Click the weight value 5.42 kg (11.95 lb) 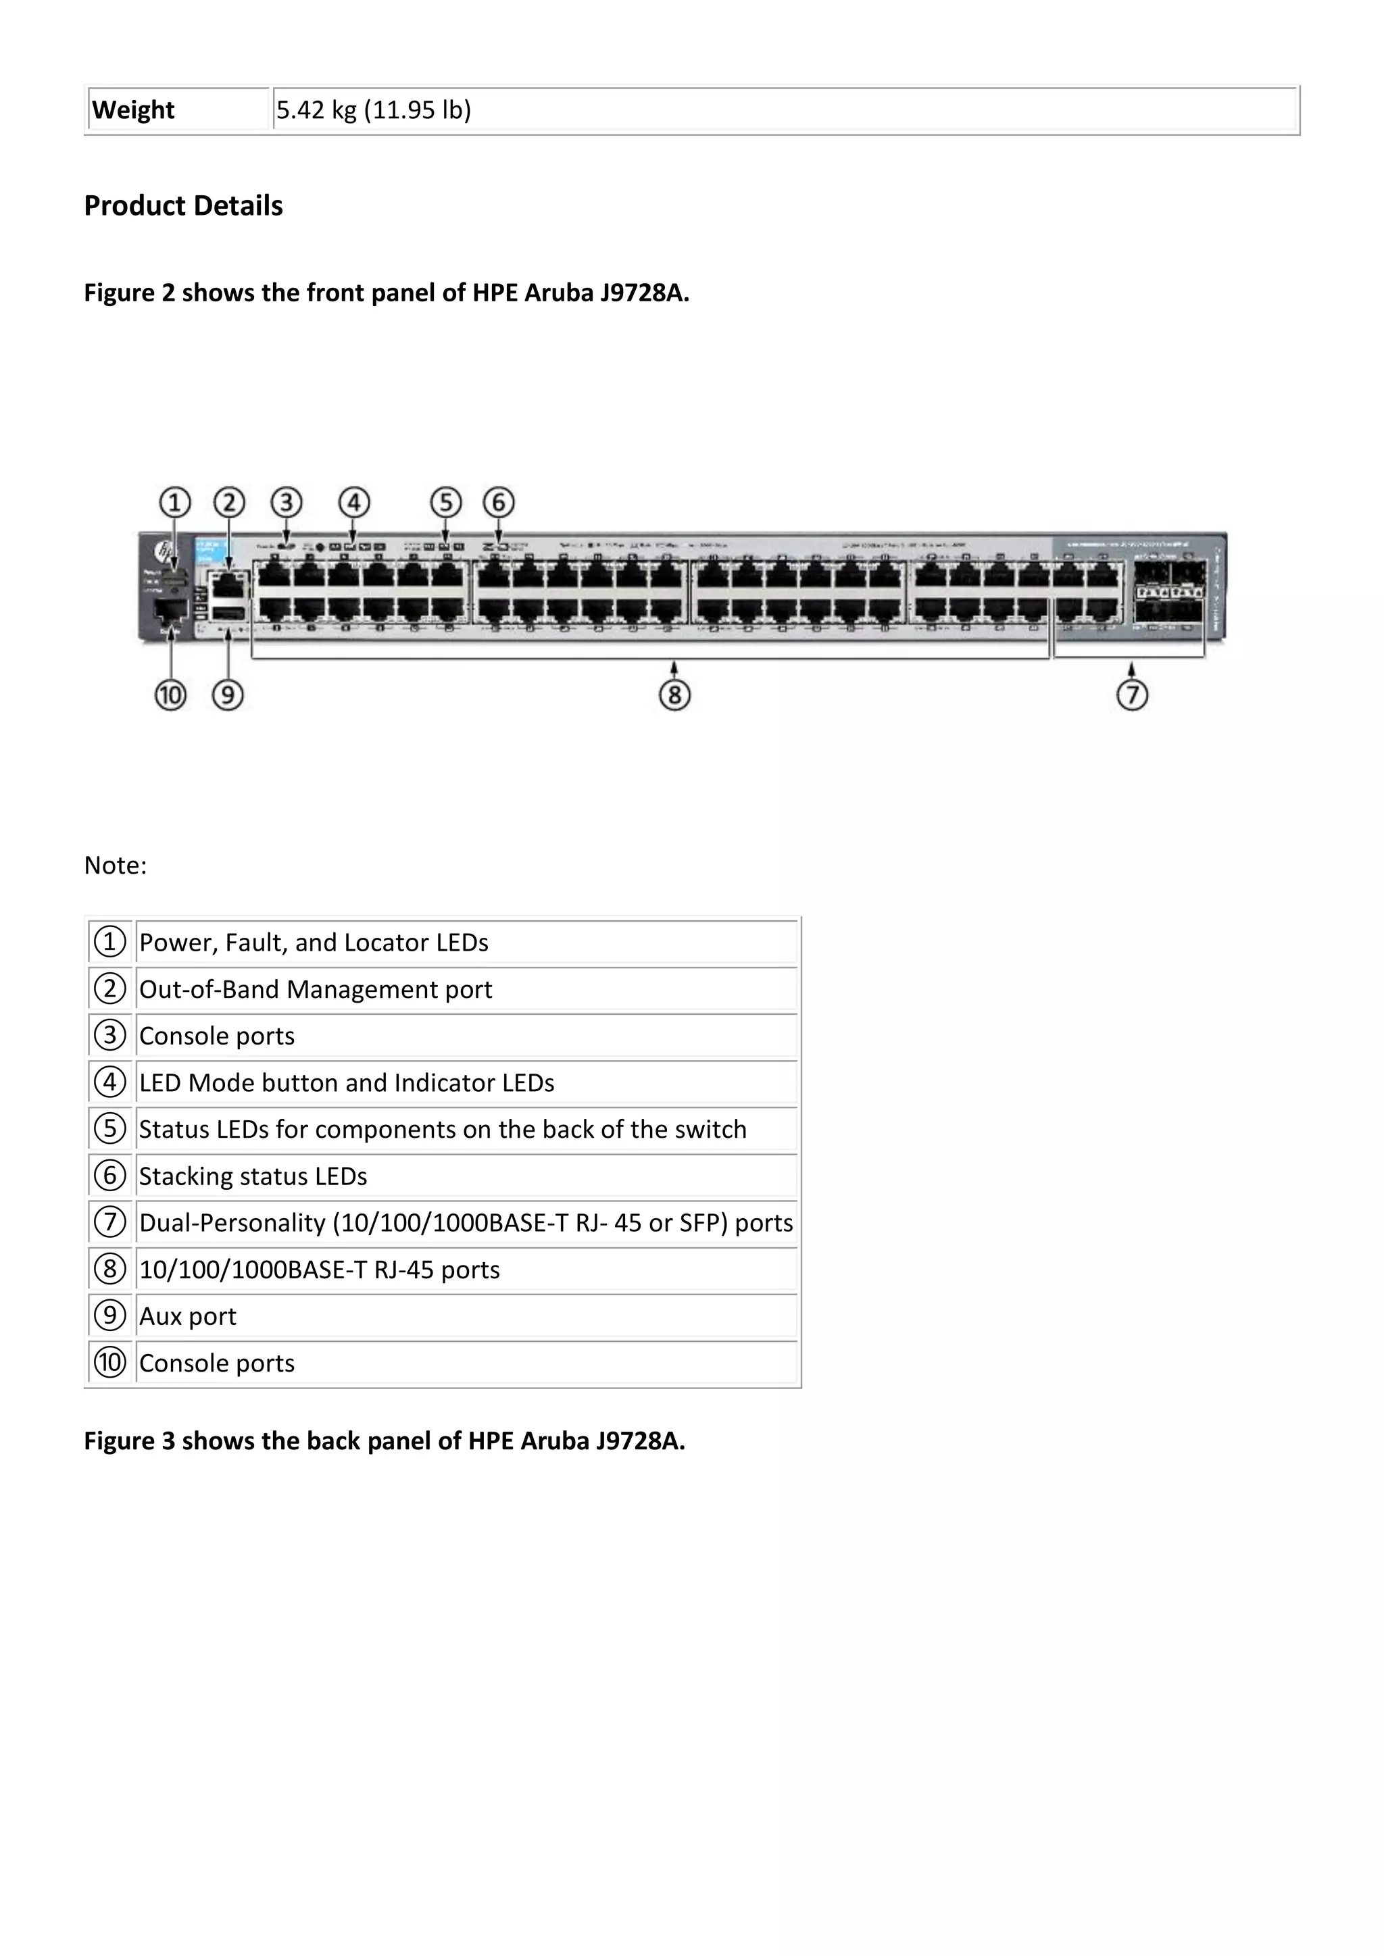pyautogui.click(x=373, y=110)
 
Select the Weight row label pyautogui.click(x=133, y=110)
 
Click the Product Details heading pyautogui.click(x=183, y=206)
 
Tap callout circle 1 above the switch pyautogui.click(x=175, y=503)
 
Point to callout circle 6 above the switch pyautogui.click(x=499, y=503)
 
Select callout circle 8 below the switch pyautogui.click(x=674, y=695)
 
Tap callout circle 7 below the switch pyautogui.click(x=1132, y=695)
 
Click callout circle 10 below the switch pyautogui.click(x=170, y=695)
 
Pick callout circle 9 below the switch pyautogui.click(x=228, y=695)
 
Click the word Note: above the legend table pyautogui.click(x=115, y=866)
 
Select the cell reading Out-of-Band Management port pyautogui.click(x=316, y=990)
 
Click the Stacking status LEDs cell pyautogui.click(x=253, y=1176)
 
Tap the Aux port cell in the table pyautogui.click(x=187, y=1316)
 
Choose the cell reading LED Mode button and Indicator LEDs pyautogui.click(x=347, y=1083)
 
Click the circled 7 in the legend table pyautogui.click(x=109, y=1222)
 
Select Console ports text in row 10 pyautogui.click(x=216, y=1363)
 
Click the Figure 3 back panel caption pyautogui.click(x=385, y=1440)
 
